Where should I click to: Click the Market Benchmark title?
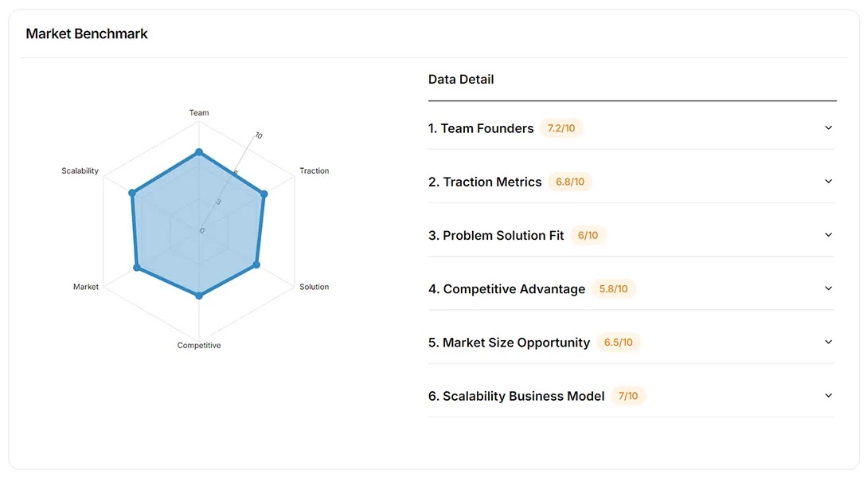(87, 33)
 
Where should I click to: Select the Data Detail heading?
(461, 79)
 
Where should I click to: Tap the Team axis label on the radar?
(199, 112)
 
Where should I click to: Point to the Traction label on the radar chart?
(314, 170)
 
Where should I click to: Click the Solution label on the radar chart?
(314, 287)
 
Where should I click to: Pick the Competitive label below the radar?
(199, 345)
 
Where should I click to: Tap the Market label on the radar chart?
(86, 287)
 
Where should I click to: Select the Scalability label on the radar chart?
(80, 170)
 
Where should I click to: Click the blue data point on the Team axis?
(199, 152)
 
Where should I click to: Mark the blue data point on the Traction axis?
(264, 194)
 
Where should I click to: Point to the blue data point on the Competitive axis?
(199, 296)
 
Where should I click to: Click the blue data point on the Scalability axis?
(132, 193)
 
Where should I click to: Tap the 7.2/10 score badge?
(561, 128)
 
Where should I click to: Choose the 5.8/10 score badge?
(612, 289)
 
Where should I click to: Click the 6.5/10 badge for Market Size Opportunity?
(619, 343)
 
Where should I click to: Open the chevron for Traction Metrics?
(828, 182)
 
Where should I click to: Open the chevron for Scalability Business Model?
(828, 396)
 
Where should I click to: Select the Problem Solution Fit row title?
(496, 235)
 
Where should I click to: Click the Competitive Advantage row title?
(506, 289)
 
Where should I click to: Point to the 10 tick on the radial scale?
(259, 136)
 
